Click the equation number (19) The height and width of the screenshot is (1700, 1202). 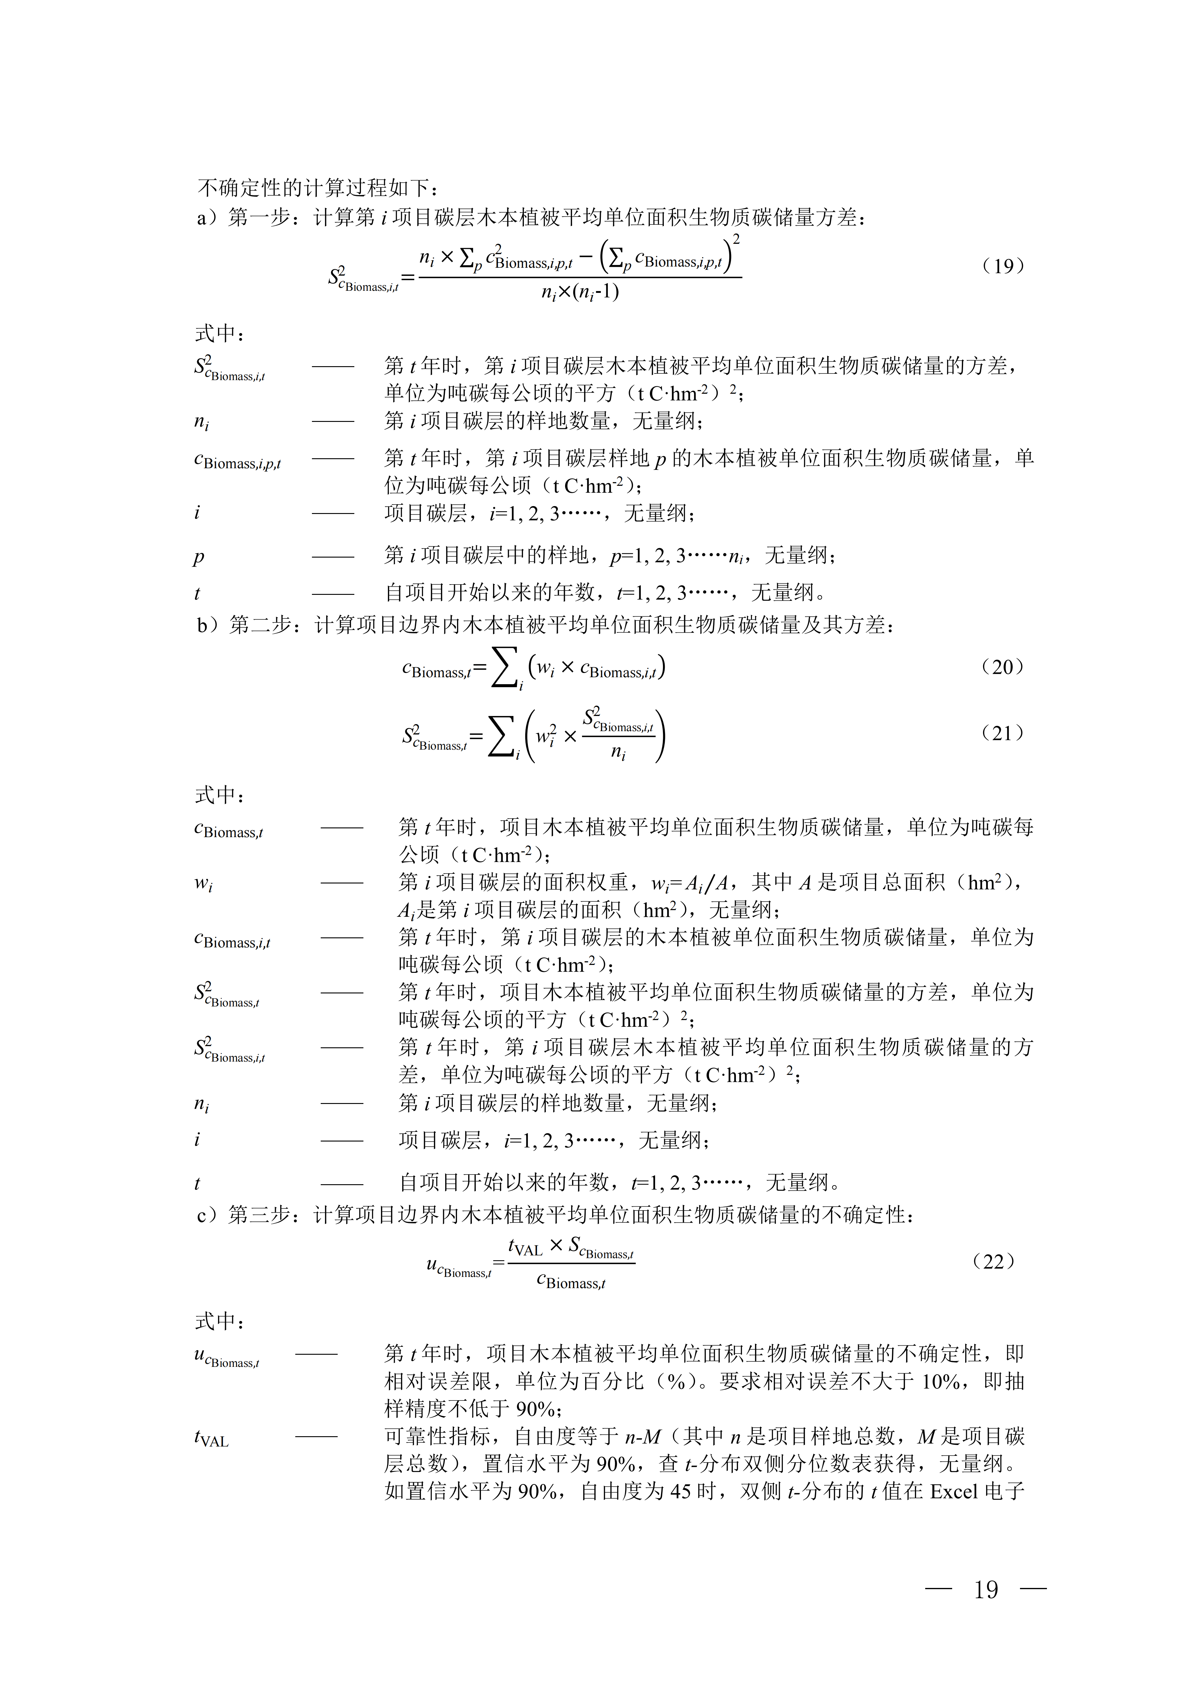pyautogui.click(x=1003, y=266)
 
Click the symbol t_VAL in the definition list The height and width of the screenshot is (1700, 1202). pyautogui.click(x=211, y=1439)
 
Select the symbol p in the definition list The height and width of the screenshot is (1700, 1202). pyautogui.click(x=198, y=557)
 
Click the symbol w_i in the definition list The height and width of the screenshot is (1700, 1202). pyautogui.click(x=203, y=883)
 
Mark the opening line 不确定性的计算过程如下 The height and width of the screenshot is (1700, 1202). pyautogui.click(x=318, y=188)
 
